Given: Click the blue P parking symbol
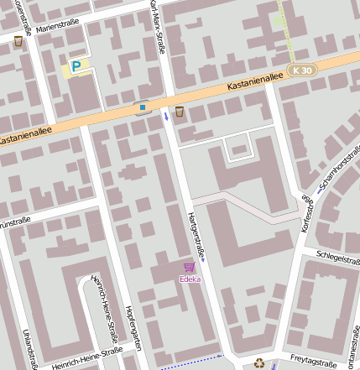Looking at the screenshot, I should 76,66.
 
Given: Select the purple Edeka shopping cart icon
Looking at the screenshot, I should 190,267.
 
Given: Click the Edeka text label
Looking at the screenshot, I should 190,279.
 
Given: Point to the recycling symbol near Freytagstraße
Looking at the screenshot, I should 259,362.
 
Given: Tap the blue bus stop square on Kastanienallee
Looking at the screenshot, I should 143,107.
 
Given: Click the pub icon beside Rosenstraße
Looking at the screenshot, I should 18,41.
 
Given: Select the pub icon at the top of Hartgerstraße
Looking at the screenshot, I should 179,112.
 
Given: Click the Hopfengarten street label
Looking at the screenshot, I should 132,330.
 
